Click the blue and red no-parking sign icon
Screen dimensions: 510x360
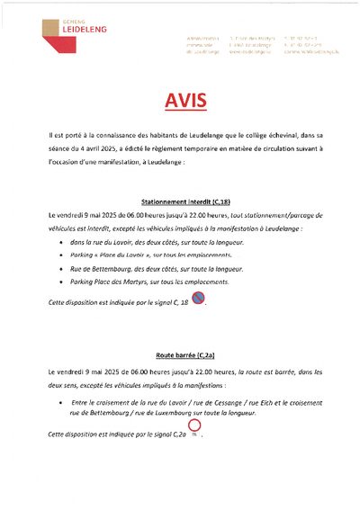198,298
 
